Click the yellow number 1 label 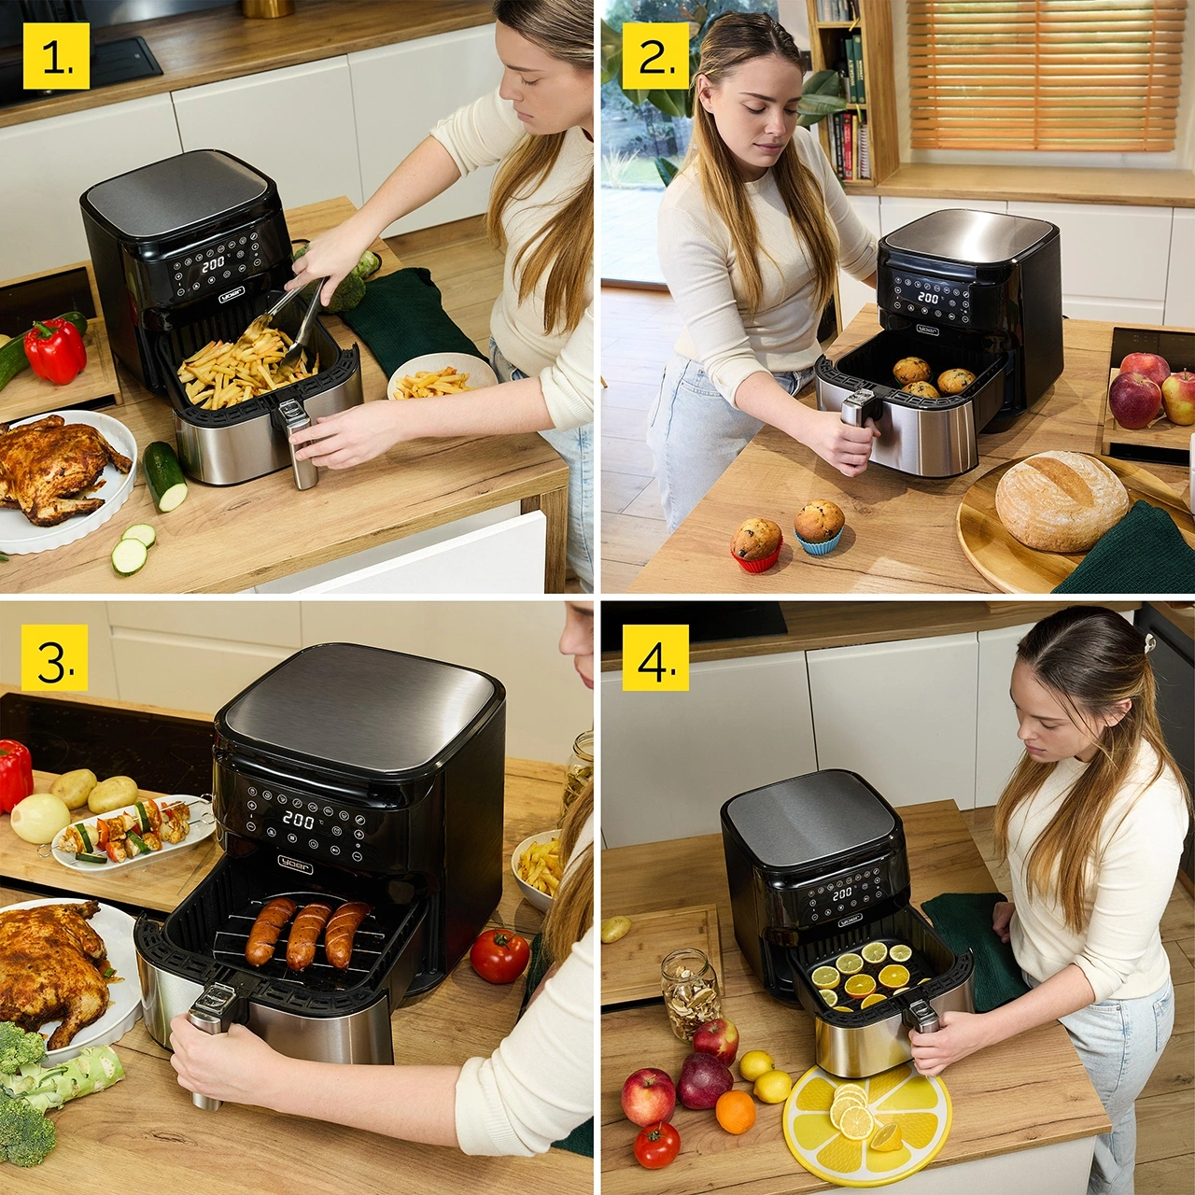coord(57,58)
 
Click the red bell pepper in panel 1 coord(55,350)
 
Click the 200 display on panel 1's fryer coord(213,264)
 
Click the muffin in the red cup coord(756,543)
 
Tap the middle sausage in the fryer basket coord(309,935)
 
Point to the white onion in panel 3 coord(40,819)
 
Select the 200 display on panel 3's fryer coord(298,820)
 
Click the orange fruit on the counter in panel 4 coord(736,1111)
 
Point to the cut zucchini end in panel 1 coord(164,475)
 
